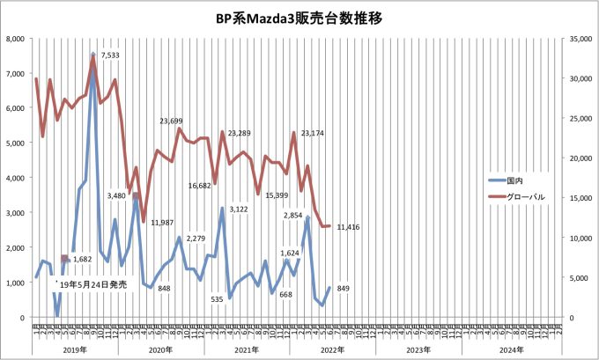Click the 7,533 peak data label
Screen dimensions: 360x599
coord(111,55)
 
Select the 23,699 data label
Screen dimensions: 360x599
coord(177,121)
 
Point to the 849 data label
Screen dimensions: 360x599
coord(344,288)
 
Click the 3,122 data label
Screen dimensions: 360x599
coord(240,209)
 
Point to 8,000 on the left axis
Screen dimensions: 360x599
coord(15,39)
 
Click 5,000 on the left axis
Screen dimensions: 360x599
coord(15,143)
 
